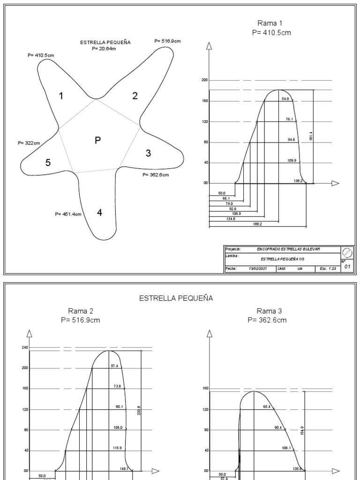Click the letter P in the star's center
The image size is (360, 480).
(x=97, y=140)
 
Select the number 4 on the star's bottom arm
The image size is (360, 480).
(x=99, y=212)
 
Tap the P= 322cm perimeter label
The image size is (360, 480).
(x=29, y=142)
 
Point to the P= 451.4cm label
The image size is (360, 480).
(x=68, y=214)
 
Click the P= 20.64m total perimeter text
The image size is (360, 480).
(x=105, y=48)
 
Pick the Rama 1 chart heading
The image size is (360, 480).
(x=270, y=23)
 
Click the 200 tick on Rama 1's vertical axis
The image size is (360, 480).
(x=205, y=80)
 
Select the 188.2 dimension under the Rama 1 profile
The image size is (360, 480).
(x=257, y=225)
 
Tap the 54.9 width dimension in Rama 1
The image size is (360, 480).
(x=285, y=99)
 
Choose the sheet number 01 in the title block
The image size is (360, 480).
(x=347, y=266)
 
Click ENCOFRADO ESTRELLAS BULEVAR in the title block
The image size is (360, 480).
(x=289, y=249)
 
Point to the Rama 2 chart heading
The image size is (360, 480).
(x=80, y=311)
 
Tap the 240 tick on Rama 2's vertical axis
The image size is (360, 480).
(x=25, y=347)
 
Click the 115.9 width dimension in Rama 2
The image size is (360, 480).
(x=117, y=448)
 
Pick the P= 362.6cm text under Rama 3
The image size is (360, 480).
(x=267, y=320)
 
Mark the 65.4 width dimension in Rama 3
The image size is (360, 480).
(x=266, y=407)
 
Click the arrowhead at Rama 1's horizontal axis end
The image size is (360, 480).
(x=335, y=183)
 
